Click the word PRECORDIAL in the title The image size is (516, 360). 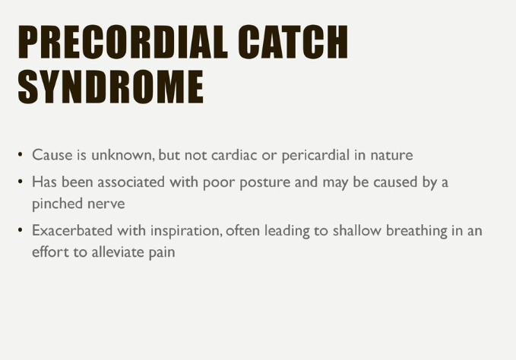pyautogui.click(x=123, y=42)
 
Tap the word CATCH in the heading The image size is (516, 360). pyautogui.click(x=293, y=42)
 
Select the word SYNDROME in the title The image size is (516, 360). pyautogui.click(x=111, y=87)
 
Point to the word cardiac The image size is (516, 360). pyautogui.click(x=234, y=155)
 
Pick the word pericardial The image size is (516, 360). pyautogui.click(x=315, y=156)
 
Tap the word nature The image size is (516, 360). pyautogui.click(x=391, y=156)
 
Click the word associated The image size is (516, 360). pyautogui.click(x=131, y=182)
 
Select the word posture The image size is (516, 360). pyautogui.click(x=265, y=183)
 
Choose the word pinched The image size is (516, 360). pyautogui.click(x=58, y=204)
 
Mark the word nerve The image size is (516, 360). pyautogui.click(x=106, y=204)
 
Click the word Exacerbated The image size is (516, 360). pyautogui.click(x=72, y=230)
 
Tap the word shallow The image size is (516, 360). pyautogui.click(x=357, y=230)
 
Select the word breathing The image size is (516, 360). pyautogui.click(x=416, y=231)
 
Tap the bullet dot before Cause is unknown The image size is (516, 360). pyautogui.click(x=21, y=154)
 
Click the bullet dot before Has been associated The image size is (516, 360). pyautogui.click(x=21, y=181)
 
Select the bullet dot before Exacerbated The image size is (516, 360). pyautogui.click(x=21, y=229)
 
